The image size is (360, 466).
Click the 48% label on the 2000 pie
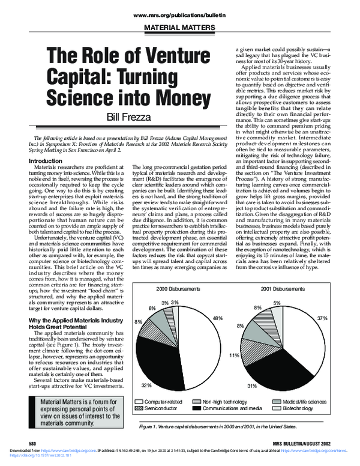point(217,318)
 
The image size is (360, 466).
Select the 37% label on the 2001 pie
point(338,317)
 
